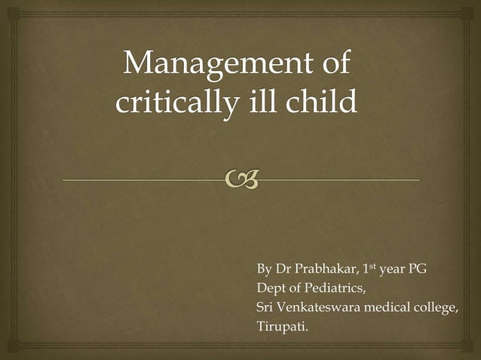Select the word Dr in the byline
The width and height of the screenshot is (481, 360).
pyautogui.click(x=283, y=269)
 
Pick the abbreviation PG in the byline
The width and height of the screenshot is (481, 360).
pyautogui.click(x=418, y=269)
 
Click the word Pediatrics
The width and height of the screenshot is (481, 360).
pyautogui.click(x=336, y=288)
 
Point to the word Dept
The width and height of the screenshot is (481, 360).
pyautogui.click(x=272, y=288)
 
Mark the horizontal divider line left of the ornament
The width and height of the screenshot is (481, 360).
pyautogui.click(x=143, y=181)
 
